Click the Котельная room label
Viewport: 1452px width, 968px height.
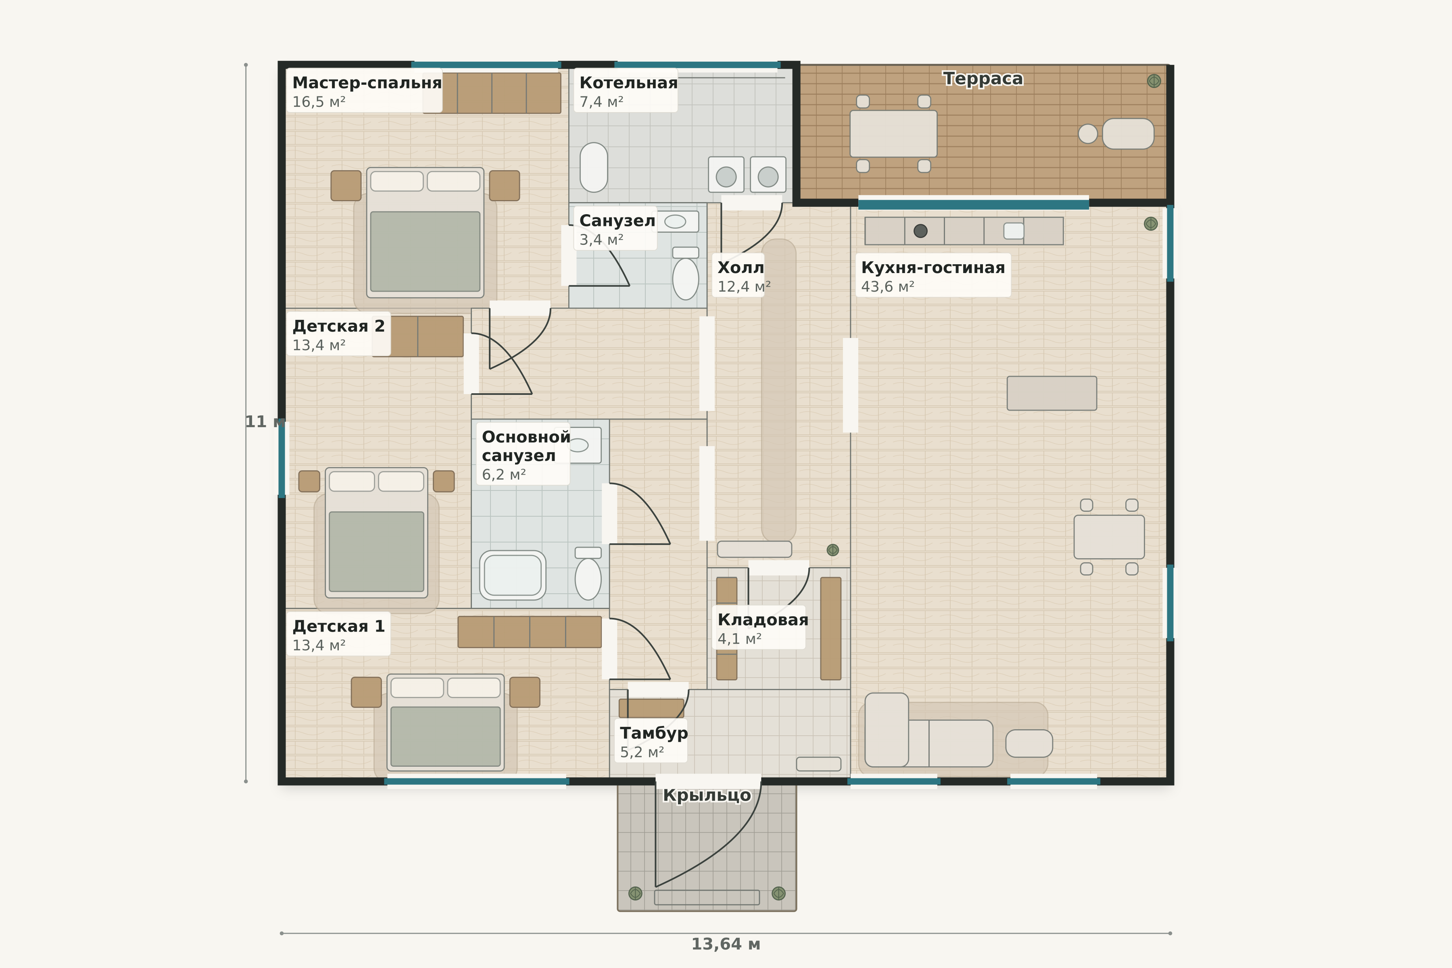628,83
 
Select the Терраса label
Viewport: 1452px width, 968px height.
982,79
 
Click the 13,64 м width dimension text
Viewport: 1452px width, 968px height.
725,944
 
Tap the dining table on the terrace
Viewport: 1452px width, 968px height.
893,134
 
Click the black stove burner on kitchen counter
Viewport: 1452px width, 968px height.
920,231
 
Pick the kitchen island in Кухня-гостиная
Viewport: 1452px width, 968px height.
1051,393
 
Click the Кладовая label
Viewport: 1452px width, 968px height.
762,620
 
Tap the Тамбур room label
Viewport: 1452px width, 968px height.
653,733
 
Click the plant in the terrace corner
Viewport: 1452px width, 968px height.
1153,81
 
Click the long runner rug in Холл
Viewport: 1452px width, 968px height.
778,390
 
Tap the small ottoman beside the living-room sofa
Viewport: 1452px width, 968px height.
1028,743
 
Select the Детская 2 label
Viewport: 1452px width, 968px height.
338,326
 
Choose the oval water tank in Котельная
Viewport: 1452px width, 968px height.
593,167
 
